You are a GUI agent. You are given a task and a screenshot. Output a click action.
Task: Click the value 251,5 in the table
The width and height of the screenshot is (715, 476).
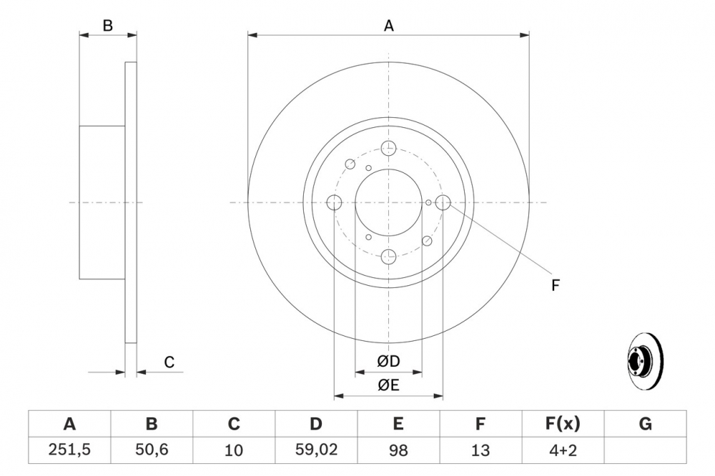[x=69, y=450]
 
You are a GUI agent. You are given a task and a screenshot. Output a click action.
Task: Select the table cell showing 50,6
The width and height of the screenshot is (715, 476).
[x=152, y=450]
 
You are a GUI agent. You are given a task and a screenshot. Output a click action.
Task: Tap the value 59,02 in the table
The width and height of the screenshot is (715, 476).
[x=316, y=450]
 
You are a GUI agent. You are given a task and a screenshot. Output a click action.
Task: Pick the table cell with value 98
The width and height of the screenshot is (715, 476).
[x=398, y=450]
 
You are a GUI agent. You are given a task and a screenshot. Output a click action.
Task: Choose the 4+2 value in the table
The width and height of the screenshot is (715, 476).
[x=563, y=450]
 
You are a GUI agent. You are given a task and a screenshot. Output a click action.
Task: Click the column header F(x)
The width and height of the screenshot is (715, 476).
[x=563, y=424]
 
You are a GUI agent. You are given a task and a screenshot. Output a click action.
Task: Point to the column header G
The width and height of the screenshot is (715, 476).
[x=645, y=424]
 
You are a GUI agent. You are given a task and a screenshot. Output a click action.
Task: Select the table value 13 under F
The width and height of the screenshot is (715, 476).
[x=480, y=450]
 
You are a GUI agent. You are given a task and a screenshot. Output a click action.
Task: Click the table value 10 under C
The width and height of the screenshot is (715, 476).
[x=234, y=450]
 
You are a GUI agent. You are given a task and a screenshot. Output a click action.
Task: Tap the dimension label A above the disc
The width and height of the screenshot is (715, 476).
[x=389, y=26]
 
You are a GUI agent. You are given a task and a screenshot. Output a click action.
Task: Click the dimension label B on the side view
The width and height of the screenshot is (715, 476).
[x=107, y=26]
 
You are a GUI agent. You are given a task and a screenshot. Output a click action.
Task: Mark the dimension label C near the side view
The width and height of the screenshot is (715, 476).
[x=169, y=362]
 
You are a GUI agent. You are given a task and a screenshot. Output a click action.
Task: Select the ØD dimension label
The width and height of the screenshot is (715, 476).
[x=389, y=362]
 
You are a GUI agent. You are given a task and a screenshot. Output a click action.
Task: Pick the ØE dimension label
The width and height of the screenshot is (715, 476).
[x=389, y=386]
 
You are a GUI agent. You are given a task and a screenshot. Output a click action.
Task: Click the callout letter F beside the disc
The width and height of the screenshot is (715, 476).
[x=555, y=286]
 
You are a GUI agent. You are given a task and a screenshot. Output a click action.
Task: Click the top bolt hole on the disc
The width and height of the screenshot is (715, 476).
[x=389, y=149]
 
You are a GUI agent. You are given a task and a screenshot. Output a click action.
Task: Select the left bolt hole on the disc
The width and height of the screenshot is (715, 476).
[x=335, y=203]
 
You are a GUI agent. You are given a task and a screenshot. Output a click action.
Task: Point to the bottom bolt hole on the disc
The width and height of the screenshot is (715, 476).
[x=389, y=256]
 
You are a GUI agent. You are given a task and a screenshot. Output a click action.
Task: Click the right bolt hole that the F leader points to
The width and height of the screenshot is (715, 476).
[x=443, y=203]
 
